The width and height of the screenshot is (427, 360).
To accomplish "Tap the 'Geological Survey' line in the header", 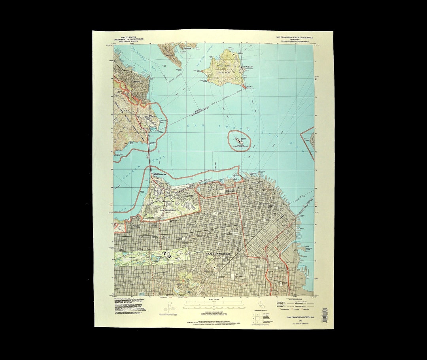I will pos(128,41).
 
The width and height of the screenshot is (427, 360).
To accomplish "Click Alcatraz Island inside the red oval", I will pos(238,140).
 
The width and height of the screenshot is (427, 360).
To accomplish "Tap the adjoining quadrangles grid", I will pos(255,318).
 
